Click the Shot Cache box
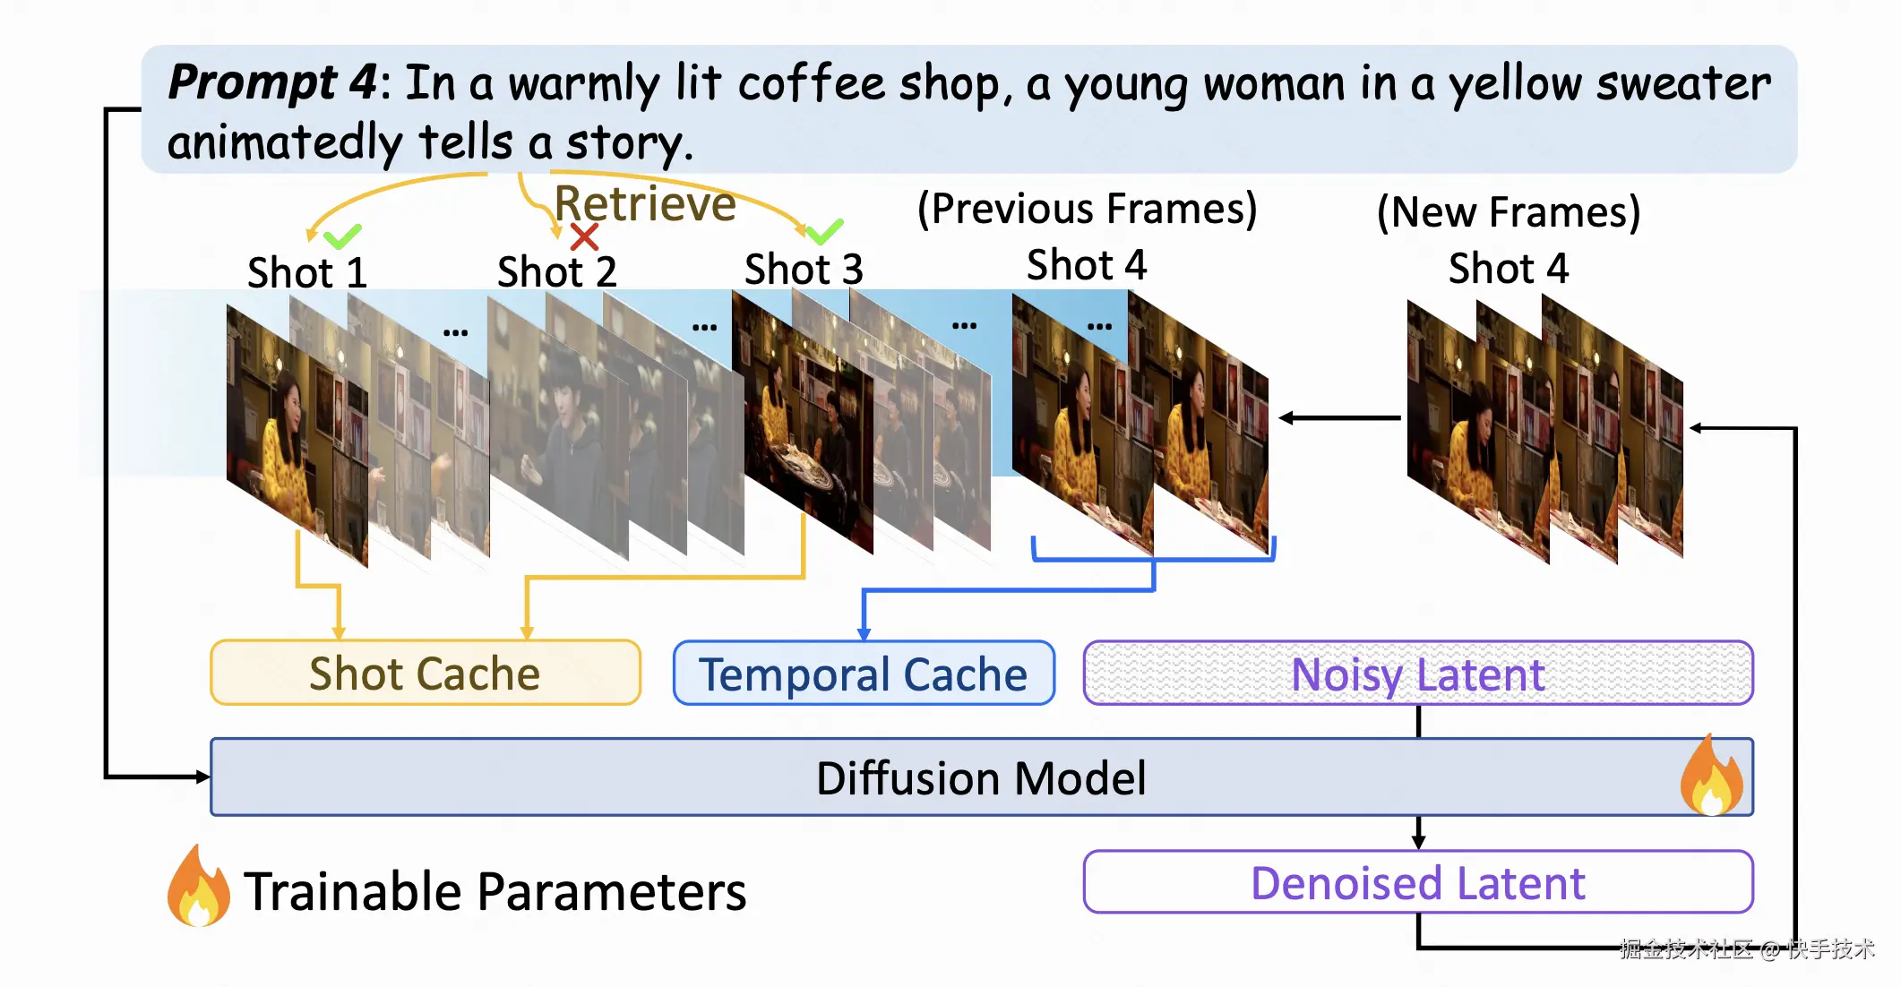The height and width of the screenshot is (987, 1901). [x=426, y=674]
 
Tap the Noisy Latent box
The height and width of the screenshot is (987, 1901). [x=1418, y=674]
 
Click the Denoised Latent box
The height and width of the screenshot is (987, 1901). [x=1418, y=883]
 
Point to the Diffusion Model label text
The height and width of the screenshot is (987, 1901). [x=981, y=778]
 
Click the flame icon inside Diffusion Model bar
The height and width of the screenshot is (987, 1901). [x=1712, y=777]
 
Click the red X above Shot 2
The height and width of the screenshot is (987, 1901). [x=584, y=237]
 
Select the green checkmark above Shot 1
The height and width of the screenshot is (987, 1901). [x=341, y=236]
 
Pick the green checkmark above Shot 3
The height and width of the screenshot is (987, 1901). [x=824, y=231]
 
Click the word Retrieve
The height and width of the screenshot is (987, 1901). [x=645, y=204]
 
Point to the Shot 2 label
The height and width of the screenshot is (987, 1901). [x=557, y=271]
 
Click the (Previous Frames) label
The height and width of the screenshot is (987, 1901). [x=1087, y=209]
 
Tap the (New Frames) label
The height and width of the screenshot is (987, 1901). [x=1509, y=212]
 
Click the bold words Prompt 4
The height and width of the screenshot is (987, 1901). [x=273, y=82]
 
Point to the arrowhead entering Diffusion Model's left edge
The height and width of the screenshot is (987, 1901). [x=202, y=777]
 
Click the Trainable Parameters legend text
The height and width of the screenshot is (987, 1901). [x=495, y=892]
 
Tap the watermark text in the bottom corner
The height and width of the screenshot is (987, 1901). [x=1747, y=949]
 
